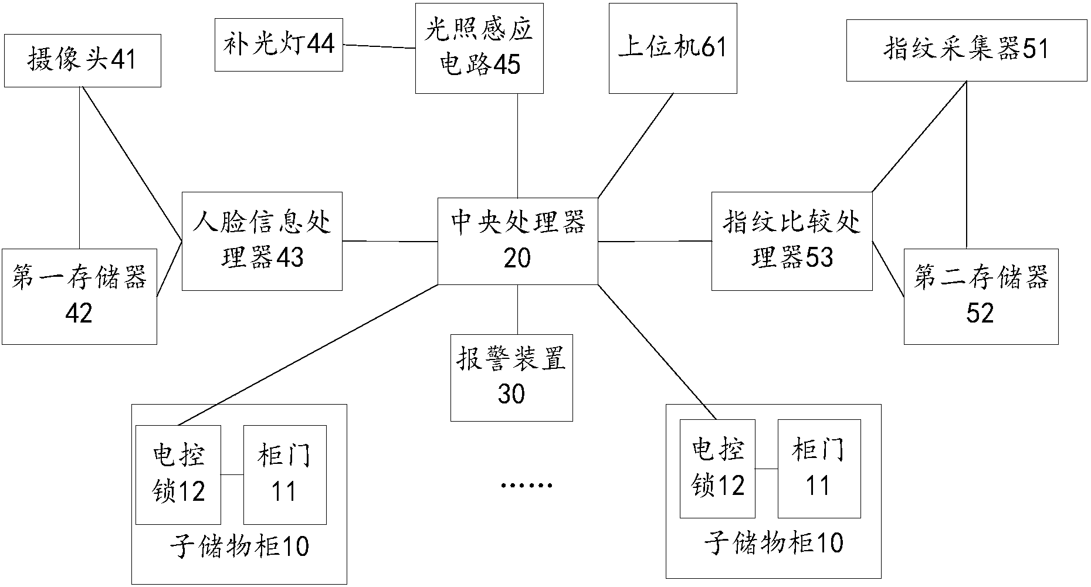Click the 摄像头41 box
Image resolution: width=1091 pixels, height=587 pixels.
[82, 60]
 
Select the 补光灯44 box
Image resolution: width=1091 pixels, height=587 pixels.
[279, 45]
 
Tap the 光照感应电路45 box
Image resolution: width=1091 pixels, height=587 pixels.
[479, 48]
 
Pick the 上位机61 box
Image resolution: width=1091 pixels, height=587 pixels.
[673, 48]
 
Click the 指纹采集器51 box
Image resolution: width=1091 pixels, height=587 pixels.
[966, 50]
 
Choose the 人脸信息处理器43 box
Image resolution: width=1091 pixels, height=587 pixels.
[262, 240]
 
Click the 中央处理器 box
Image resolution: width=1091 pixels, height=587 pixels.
[517, 240]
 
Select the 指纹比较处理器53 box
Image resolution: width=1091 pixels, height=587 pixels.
[792, 240]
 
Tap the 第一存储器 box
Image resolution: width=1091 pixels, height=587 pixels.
[79, 296]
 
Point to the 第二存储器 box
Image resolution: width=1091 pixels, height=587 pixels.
[981, 296]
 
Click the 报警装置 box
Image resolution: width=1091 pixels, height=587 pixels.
[511, 377]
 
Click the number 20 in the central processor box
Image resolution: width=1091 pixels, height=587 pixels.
[517, 259]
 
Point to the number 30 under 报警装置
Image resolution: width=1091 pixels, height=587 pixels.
[511, 394]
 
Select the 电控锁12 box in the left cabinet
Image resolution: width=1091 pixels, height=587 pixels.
[178, 474]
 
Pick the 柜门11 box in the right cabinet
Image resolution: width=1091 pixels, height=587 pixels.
[819, 469]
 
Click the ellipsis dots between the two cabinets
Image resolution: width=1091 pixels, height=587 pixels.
[527, 486]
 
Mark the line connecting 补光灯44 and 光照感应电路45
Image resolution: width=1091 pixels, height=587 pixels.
[379, 46]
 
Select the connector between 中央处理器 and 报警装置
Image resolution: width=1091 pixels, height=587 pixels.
[517, 309]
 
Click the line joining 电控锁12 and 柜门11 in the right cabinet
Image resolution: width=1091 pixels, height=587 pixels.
[766, 469]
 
